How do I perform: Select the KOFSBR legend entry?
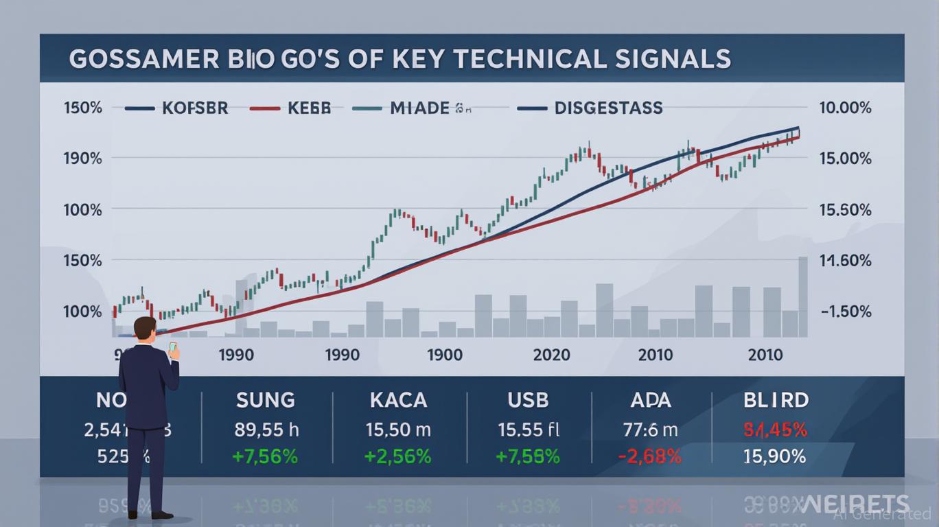(195, 108)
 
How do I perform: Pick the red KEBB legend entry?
(309, 108)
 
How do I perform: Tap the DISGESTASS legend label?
(608, 108)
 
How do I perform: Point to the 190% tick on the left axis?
(82, 159)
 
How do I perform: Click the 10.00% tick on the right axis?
(845, 108)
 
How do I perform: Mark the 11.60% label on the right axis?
(845, 261)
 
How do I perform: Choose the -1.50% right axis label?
(845, 312)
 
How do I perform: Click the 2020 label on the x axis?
(551, 355)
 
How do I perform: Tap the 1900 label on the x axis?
(444, 355)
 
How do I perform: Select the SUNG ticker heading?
(265, 400)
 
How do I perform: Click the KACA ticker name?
(398, 400)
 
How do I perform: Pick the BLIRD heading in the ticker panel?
(776, 400)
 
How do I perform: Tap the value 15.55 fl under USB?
(529, 430)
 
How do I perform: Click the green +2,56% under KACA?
(398, 456)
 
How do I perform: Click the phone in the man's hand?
(172, 347)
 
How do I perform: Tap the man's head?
(146, 328)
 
